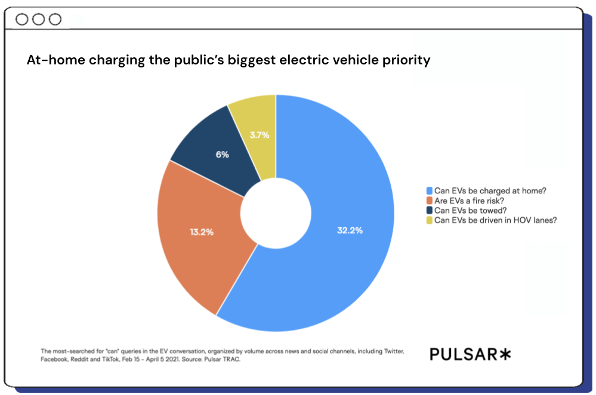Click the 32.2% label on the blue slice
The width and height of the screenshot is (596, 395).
(350, 230)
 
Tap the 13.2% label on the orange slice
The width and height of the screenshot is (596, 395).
(202, 232)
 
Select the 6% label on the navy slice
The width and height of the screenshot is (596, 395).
(221, 154)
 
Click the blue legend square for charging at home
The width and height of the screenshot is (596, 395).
(429, 191)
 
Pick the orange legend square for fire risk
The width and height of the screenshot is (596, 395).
(429, 200)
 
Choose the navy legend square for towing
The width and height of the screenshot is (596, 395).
(429, 210)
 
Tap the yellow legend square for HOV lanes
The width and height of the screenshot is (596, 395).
(429, 220)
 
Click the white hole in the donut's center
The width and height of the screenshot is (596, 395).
(276, 213)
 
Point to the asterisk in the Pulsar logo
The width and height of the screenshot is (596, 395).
(505, 354)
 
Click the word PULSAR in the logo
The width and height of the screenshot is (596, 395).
(463, 354)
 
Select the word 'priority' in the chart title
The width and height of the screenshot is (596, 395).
(406, 61)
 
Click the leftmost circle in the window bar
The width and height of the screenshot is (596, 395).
(22, 19)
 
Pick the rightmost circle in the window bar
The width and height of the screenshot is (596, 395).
(55, 19)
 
